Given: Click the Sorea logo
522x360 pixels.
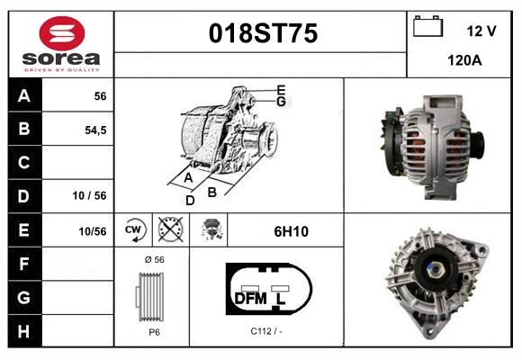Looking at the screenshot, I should [61, 43].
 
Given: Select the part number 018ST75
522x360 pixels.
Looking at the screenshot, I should [263, 34].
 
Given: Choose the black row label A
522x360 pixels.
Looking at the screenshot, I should [23, 96].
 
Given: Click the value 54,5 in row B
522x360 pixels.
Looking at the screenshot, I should [94, 130].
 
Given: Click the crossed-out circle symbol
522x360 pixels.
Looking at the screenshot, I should [168, 230].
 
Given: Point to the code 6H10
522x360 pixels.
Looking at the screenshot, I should [291, 231].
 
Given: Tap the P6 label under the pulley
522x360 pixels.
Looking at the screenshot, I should [153, 331].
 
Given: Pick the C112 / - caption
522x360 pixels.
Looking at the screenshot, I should [266, 331].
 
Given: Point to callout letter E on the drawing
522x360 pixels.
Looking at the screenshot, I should [281, 89].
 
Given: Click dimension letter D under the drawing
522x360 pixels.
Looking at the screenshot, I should [190, 200].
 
